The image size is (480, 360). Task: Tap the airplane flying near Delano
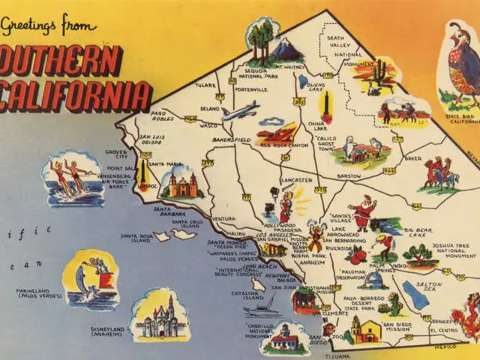239,112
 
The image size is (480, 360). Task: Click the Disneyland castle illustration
159,315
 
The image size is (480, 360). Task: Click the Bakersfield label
209,139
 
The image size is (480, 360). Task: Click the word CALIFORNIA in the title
75,96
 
